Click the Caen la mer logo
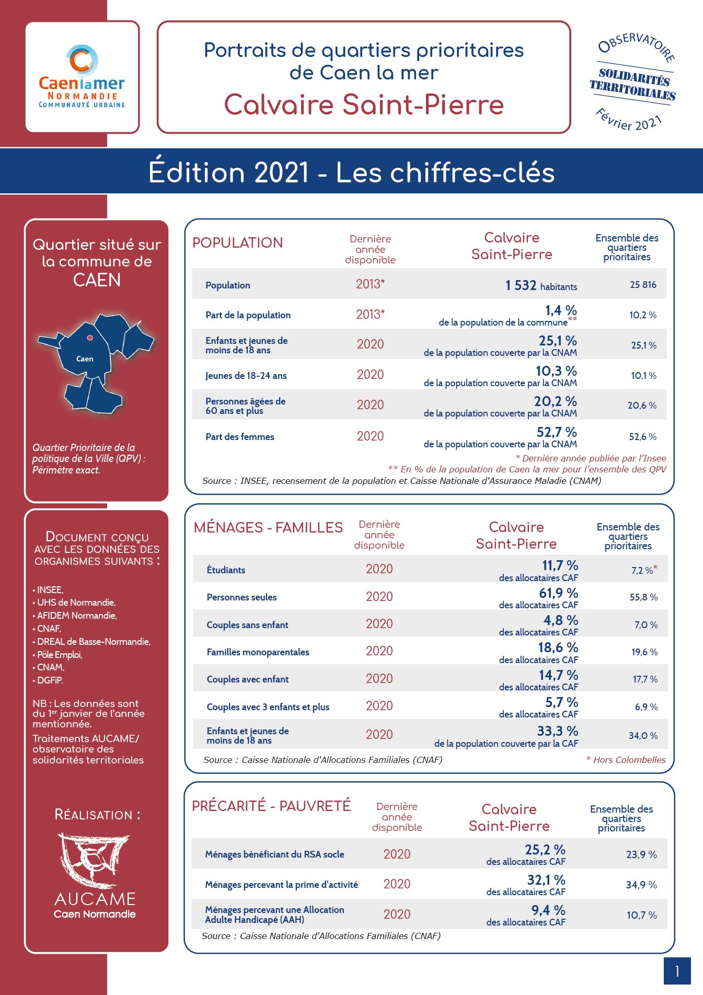click(x=82, y=76)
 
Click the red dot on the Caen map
click(x=90, y=338)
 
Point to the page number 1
click(x=677, y=971)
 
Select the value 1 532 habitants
click(x=541, y=285)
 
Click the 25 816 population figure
click(x=643, y=285)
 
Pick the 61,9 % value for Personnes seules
click(x=558, y=593)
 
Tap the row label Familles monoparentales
click(x=258, y=652)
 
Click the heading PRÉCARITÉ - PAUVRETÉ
click(x=271, y=806)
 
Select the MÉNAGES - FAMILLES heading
click(x=268, y=527)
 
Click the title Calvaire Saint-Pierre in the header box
click(x=364, y=105)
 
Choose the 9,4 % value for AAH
click(x=548, y=910)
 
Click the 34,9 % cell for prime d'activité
click(x=641, y=885)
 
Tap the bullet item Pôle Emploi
click(x=57, y=654)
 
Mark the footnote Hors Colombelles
click(x=626, y=760)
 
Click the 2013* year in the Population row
click(x=370, y=284)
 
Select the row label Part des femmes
click(x=239, y=437)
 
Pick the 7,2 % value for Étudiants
click(x=644, y=570)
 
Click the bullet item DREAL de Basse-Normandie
click(x=91, y=642)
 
